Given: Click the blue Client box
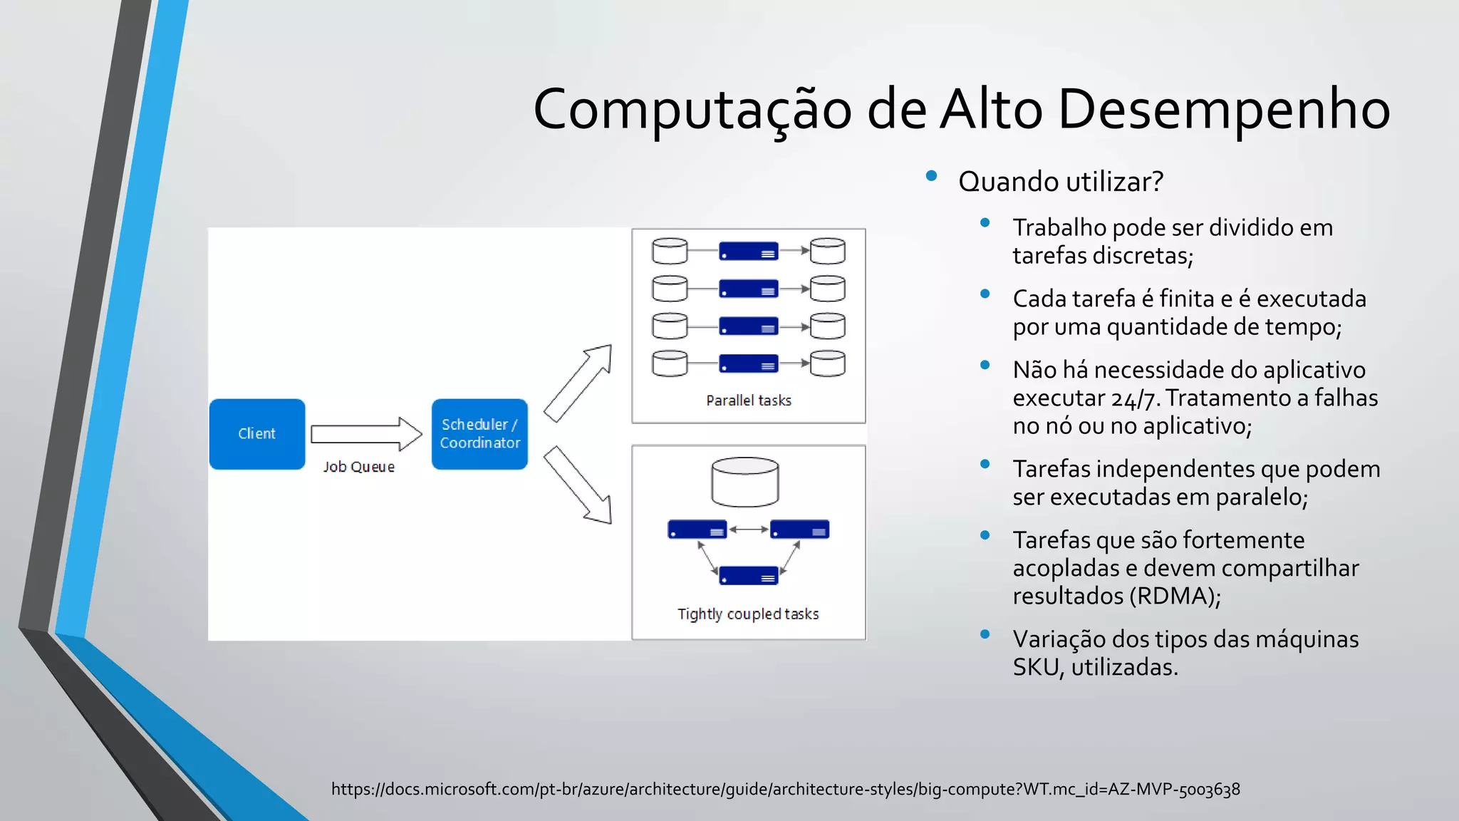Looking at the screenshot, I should [x=256, y=433].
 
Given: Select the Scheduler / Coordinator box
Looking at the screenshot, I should [x=479, y=433].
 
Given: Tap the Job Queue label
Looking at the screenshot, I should [x=358, y=467].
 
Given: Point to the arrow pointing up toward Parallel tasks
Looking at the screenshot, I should [x=578, y=383].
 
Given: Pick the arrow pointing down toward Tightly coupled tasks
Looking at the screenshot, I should [x=578, y=485].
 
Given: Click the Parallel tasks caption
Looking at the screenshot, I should [x=748, y=401].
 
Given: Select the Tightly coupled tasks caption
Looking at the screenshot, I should [x=747, y=614].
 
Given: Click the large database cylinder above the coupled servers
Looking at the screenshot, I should [x=744, y=482].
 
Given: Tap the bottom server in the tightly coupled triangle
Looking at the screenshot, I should [x=748, y=575].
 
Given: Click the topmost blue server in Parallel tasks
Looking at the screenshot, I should [x=748, y=252].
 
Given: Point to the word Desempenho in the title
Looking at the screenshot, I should [x=1223, y=110].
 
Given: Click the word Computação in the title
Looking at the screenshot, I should [x=692, y=111].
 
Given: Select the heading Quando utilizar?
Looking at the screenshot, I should [x=1060, y=182].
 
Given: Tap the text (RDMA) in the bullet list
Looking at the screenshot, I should [x=1175, y=596].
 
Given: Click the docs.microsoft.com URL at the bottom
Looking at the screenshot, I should [x=785, y=789].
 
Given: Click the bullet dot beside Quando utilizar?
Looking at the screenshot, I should [x=931, y=176].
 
